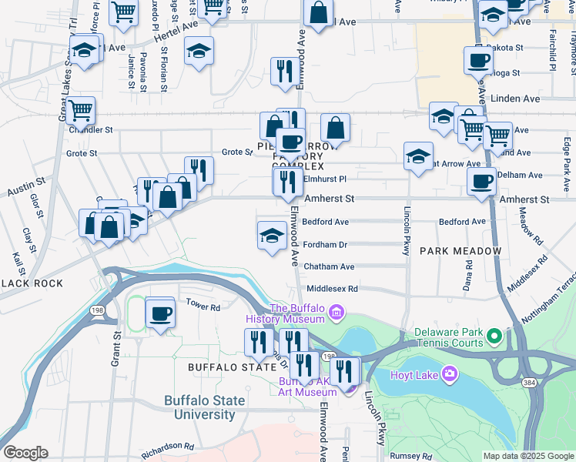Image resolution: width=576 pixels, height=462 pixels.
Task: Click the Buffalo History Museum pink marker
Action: [x=336, y=312]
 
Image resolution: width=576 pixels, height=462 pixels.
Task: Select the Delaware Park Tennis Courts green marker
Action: [x=494, y=336]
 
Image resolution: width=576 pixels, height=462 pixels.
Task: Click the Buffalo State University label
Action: [x=204, y=408]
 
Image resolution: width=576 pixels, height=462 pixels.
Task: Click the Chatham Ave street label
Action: [x=329, y=266]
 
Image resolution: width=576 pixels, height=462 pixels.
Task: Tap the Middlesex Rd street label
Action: [x=333, y=289]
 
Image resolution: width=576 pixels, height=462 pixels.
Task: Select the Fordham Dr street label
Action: [x=325, y=244]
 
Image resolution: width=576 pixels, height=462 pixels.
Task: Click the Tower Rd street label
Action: [x=204, y=306]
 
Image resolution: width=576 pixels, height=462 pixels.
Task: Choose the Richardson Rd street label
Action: [x=167, y=447]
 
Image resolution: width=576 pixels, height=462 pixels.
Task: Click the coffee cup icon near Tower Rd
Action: [x=161, y=313]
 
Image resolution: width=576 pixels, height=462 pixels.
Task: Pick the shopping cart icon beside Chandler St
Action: [x=80, y=111]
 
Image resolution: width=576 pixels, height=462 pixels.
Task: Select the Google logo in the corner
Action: [x=25, y=453]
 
